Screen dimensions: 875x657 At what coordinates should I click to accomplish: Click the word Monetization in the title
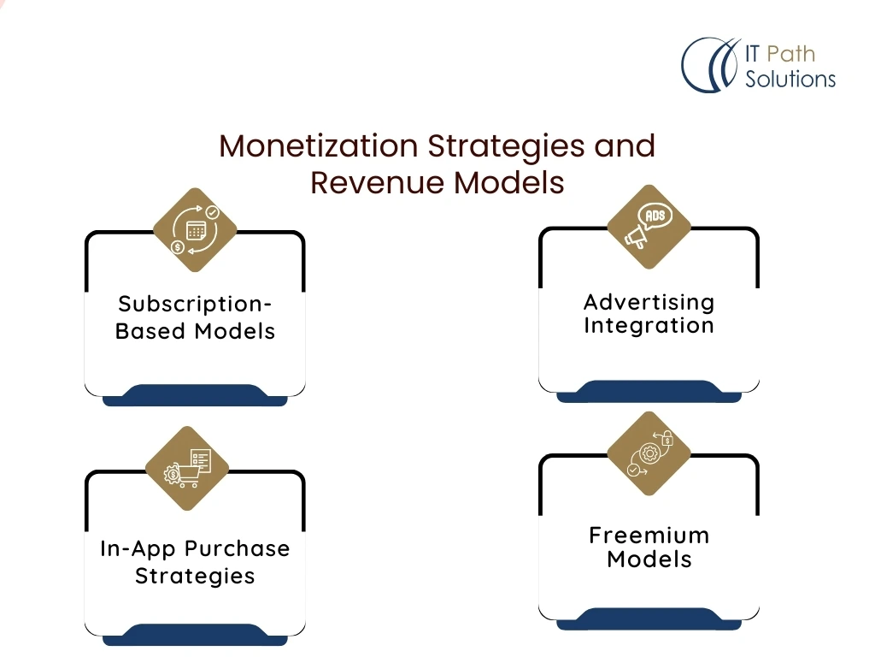(318, 145)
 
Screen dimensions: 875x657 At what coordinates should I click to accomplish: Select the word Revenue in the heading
(377, 182)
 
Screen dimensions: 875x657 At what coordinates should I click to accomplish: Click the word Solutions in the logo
(790, 79)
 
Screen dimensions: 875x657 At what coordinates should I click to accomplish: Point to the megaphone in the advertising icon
(636, 237)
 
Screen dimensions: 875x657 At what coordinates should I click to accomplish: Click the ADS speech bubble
(655, 216)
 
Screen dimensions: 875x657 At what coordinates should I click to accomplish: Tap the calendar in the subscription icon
(196, 230)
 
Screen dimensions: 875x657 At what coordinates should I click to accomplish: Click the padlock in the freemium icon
(667, 439)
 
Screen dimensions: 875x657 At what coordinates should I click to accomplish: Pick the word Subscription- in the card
(195, 305)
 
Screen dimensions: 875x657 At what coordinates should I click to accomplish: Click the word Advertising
(649, 302)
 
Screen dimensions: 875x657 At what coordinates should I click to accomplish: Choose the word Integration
(649, 325)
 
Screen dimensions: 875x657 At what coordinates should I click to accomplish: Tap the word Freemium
(649, 536)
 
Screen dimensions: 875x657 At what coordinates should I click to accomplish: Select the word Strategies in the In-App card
(195, 576)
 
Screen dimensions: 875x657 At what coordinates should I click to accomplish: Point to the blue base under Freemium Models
(649, 619)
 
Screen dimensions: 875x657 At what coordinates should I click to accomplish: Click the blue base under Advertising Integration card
(649, 392)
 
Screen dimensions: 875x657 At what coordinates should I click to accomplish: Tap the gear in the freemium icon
(649, 453)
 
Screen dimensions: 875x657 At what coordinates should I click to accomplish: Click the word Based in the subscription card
(150, 331)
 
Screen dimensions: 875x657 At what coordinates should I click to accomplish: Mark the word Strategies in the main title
(506, 147)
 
